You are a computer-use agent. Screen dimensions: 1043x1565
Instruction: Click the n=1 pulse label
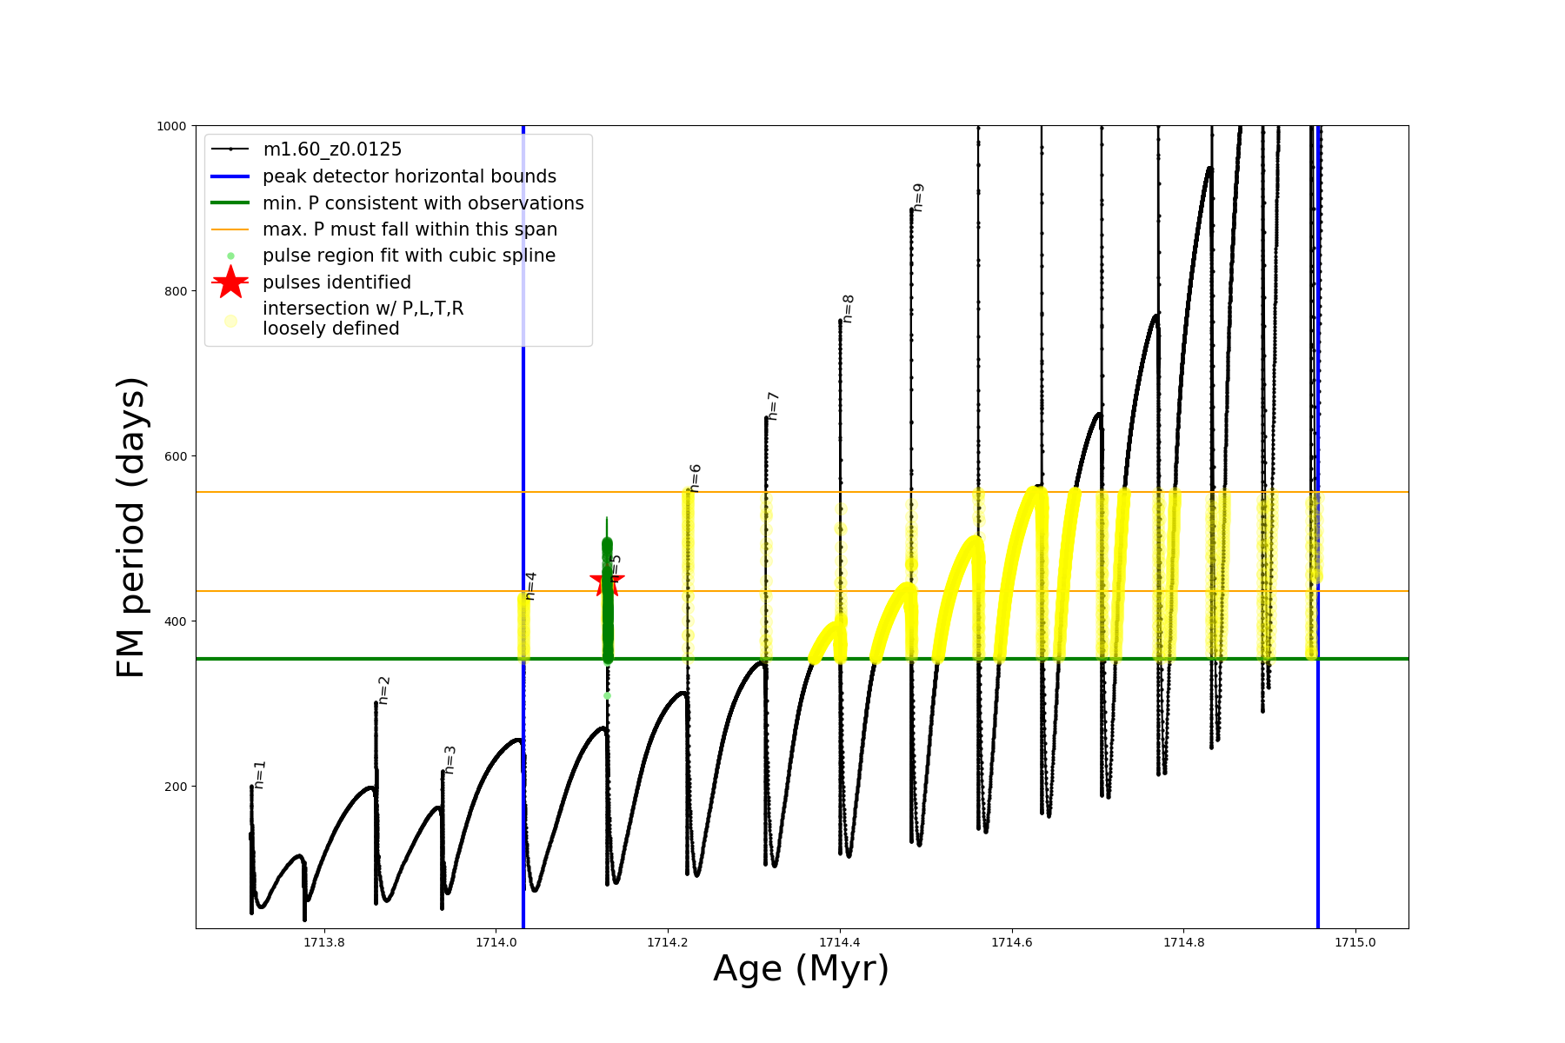pos(260,774)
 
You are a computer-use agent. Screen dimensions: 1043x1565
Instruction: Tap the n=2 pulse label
pos(383,690)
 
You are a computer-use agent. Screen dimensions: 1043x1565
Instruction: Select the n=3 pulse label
pos(450,760)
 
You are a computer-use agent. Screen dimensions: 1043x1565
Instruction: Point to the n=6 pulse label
pos(695,478)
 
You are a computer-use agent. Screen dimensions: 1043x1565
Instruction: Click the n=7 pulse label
pos(772,406)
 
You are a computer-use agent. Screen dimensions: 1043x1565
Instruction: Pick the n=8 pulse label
pos(848,309)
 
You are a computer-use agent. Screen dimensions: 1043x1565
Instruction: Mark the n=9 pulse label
pos(918,197)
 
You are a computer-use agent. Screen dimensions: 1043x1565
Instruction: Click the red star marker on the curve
pos(606,581)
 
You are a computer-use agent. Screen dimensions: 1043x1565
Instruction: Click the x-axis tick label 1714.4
pos(840,943)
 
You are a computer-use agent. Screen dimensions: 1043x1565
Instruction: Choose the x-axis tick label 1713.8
pos(323,943)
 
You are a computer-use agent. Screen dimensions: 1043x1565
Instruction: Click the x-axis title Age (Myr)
pos(801,969)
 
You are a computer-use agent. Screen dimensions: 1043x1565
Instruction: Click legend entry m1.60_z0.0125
pos(332,149)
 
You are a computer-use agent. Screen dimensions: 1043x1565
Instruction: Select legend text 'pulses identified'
pos(336,282)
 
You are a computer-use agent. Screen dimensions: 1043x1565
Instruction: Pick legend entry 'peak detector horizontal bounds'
pos(410,176)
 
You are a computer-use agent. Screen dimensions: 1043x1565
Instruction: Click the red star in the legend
pos(230,282)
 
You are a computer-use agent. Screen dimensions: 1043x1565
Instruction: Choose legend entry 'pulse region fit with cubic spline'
pos(409,256)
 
